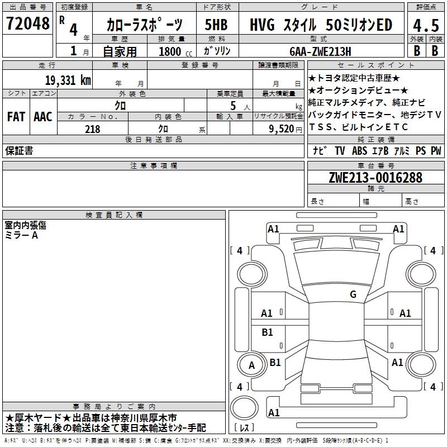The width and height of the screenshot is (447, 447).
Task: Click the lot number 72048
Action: [x=27, y=24]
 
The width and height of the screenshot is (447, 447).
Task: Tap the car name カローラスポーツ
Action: [x=144, y=25]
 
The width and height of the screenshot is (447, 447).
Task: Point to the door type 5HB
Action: [x=216, y=25]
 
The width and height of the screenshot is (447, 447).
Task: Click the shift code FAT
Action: [x=16, y=117]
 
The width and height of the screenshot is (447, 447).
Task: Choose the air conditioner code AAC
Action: [x=42, y=117]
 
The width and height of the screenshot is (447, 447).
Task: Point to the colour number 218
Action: [x=92, y=129]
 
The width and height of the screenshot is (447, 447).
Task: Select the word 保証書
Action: [x=19, y=150]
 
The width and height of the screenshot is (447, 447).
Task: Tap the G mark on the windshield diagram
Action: [x=353, y=294]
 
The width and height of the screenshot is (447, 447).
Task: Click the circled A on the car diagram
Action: [x=251, y=365]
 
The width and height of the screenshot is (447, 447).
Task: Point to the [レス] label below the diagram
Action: [x=244, y=428]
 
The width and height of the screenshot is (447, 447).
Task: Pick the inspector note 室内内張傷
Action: [x=26, y=225]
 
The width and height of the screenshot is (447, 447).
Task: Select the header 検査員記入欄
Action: [x=114, y=215]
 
